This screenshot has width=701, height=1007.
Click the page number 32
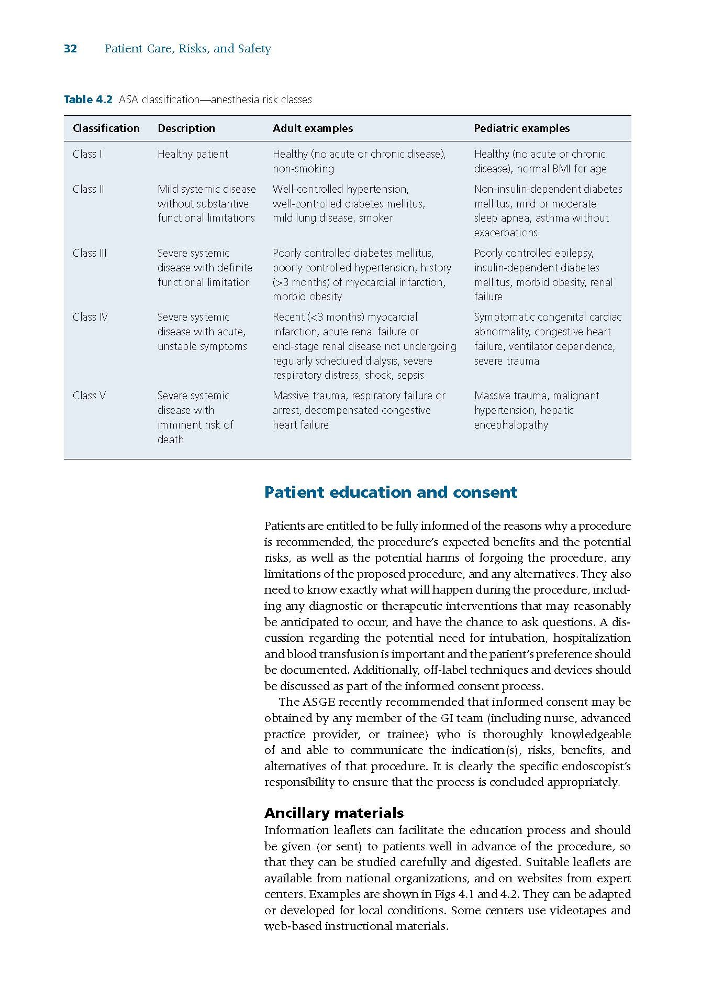tap(70, 49)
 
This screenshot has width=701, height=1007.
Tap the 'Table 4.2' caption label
tap(88, 100)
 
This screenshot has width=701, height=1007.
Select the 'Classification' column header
tap(106, 128)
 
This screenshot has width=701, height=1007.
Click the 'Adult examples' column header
tap(313, 128)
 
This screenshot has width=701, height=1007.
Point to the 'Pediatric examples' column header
tap(521, 128)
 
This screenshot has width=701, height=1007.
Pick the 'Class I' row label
tap(87, 154)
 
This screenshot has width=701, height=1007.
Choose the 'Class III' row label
tap(90, 253)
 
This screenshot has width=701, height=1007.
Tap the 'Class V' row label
tap(89, 396)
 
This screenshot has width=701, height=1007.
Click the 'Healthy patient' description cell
tap(193, 154)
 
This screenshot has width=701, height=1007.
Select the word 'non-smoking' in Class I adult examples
tap(303, 169)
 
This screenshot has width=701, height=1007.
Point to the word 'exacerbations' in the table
tap(506, 233)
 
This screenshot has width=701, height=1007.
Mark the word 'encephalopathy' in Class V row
tap(511, 425)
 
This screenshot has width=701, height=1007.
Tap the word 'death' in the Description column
tap(171, 440)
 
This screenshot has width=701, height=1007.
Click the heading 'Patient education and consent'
tap(391, 492)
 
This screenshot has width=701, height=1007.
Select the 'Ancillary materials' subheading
tap(334, 813)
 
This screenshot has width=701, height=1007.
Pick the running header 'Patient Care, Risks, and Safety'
tap(188, 49)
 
